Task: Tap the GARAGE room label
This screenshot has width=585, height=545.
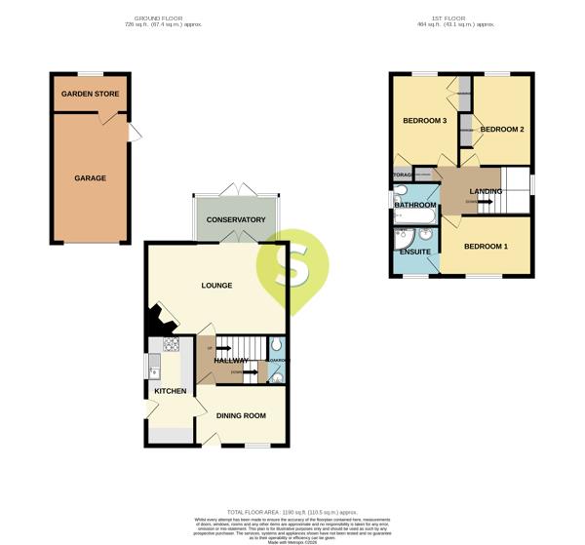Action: (x=90, y=178)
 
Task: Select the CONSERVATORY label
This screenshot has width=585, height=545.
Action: (x=236, y=220)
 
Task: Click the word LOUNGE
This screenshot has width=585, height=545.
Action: (x=216, y=286)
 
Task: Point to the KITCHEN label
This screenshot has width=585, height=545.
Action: (x=171, y=391)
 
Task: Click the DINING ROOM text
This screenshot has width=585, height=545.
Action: (x=241, y=416)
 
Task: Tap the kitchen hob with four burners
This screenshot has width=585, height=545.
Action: (x=171, y=344)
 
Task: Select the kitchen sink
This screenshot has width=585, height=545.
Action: (x=154, y=367)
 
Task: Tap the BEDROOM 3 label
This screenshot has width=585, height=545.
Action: (x=424, y=121)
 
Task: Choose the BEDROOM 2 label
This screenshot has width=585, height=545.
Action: (x=502, y=129)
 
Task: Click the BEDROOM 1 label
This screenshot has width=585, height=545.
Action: (x=486, y=247)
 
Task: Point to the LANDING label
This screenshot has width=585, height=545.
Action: (x=486, y=191)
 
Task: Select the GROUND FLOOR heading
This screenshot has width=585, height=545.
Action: (x=163, y=18)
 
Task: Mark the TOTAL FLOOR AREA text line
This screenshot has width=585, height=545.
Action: (x=292, y=511)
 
